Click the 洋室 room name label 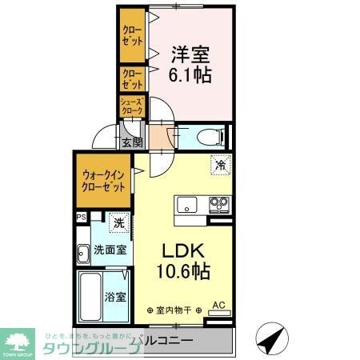190,54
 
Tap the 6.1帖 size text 190,77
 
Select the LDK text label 182,249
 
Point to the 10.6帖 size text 183,272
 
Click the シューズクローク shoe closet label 132,106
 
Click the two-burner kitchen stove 218,205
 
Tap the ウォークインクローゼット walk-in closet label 103,181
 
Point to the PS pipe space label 81,217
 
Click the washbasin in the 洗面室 83,255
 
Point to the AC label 218,305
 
